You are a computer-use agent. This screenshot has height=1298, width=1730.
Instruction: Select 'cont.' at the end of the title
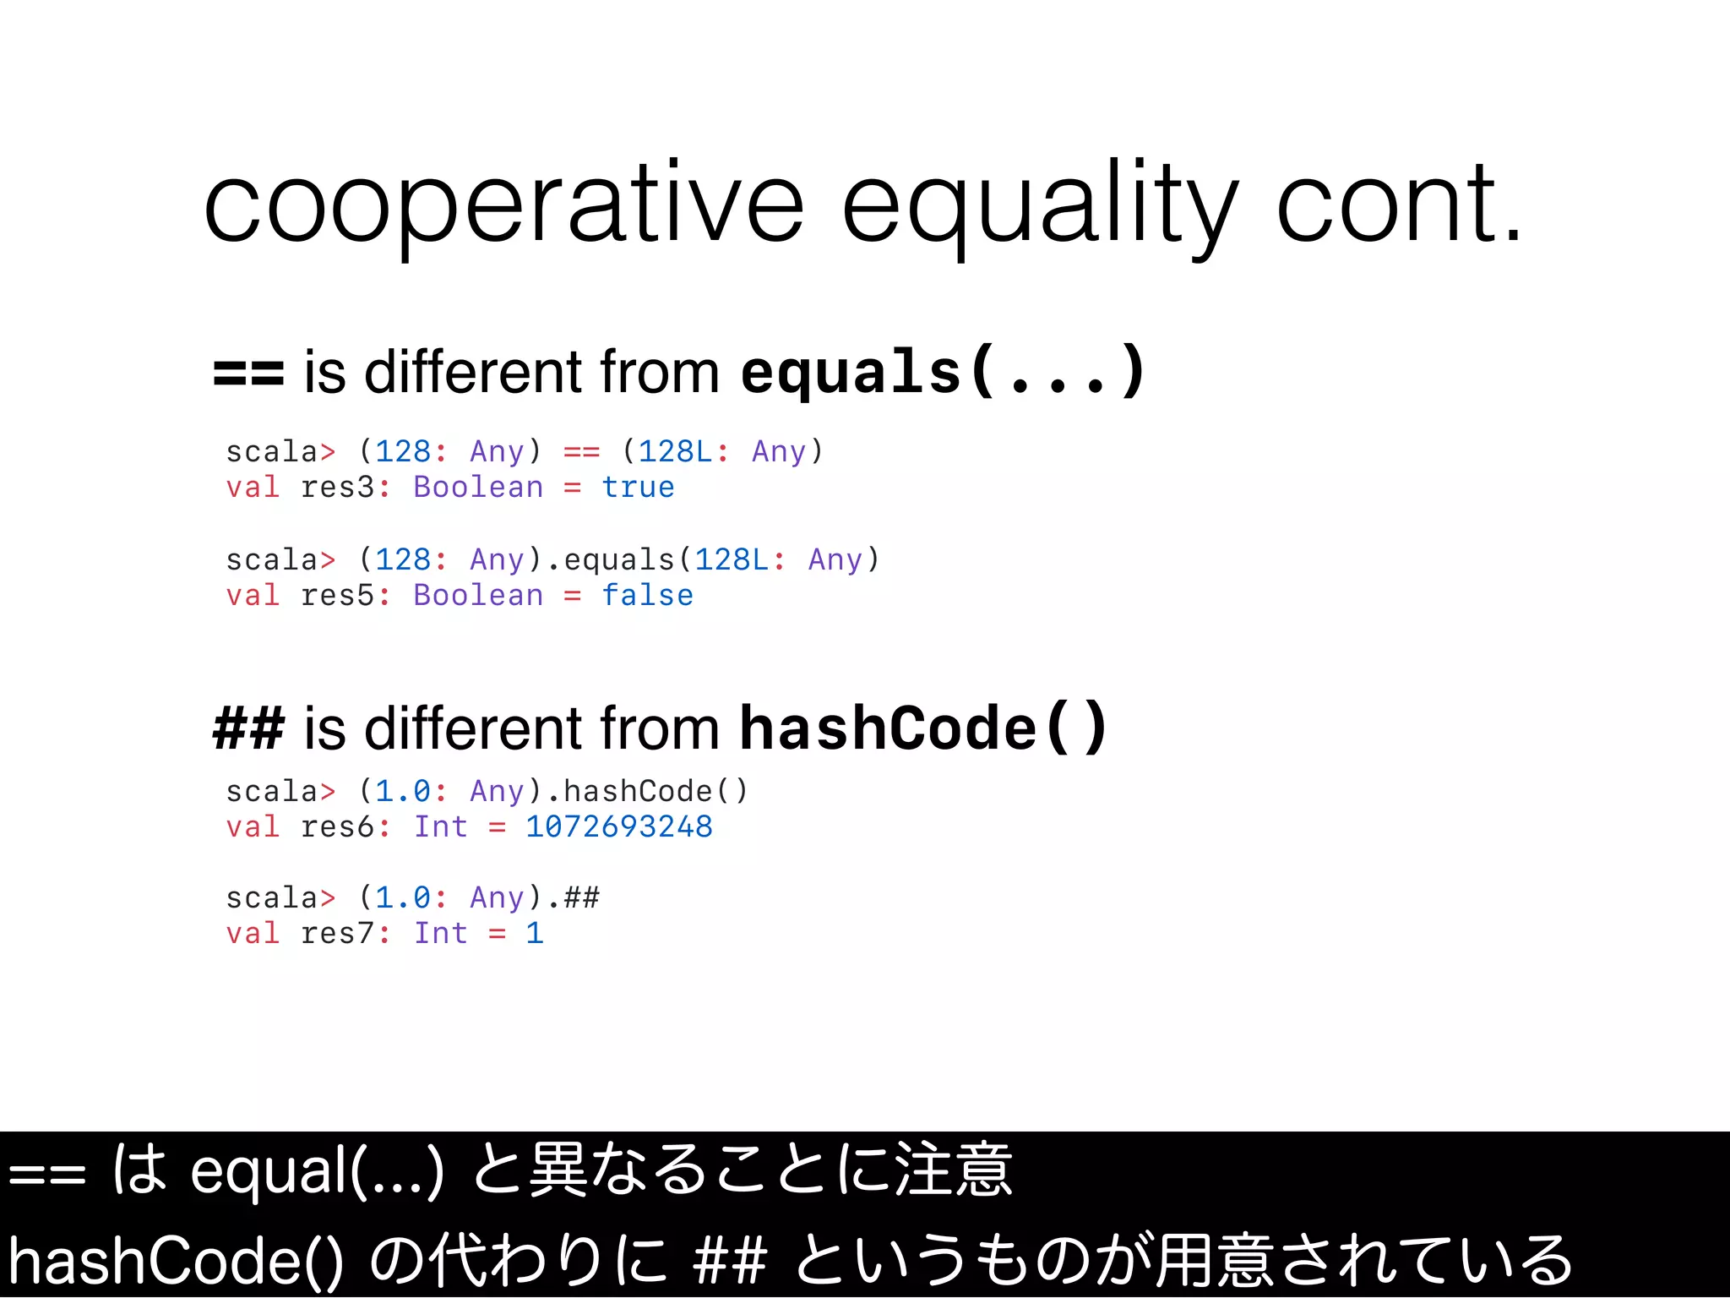1399,205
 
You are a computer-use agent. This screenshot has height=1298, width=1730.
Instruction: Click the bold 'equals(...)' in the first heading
941,373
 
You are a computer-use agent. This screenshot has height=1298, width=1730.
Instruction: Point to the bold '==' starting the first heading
248,373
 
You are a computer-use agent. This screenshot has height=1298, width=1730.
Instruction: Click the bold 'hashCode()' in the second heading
922,728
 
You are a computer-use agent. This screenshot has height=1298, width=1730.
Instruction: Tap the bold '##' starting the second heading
248,728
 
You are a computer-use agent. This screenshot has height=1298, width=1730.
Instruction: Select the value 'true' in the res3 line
638,488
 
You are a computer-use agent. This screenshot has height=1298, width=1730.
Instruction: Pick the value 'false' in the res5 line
647,596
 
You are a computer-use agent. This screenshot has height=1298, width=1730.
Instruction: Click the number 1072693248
619,826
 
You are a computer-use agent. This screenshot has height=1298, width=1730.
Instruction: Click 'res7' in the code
337,933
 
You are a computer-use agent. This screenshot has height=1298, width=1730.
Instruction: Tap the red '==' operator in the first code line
581,451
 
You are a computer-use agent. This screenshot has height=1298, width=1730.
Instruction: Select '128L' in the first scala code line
675,451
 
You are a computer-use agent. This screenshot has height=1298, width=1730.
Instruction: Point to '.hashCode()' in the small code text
647,792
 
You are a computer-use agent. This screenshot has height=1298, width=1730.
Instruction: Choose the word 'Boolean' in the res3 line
478,488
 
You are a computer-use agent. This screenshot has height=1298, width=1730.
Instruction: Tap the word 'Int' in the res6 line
440,826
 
